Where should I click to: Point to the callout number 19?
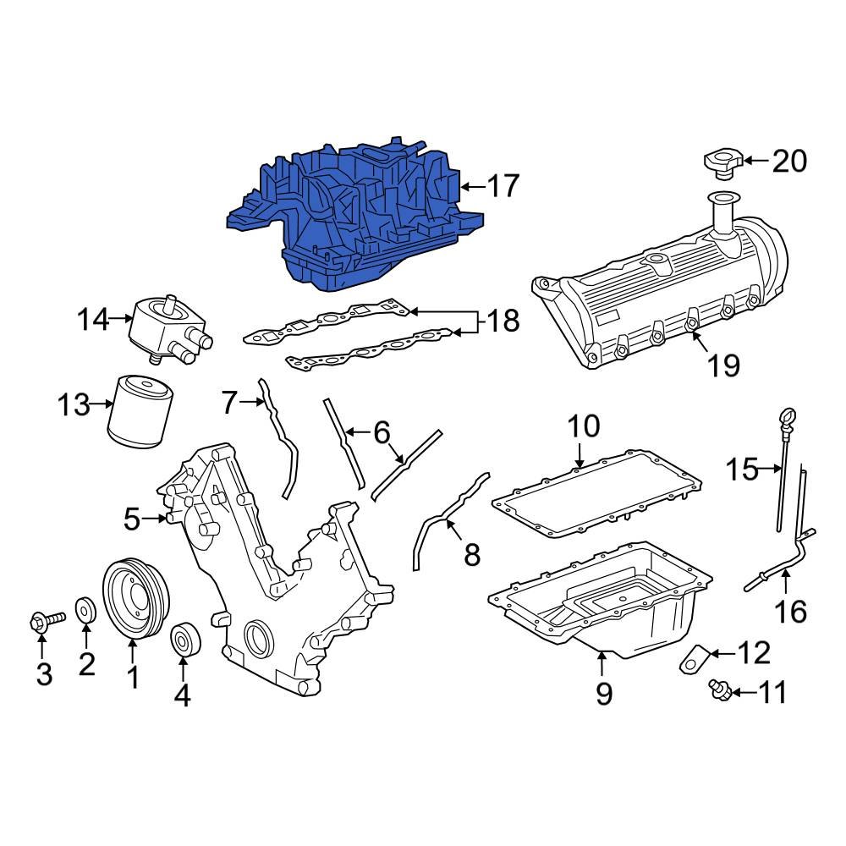tap(723, 365)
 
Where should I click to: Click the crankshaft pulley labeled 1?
tap(136, 600)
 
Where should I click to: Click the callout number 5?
tap(131, 519)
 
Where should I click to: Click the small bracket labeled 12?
tap(695, 657)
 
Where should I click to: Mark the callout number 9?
tap(603, 694)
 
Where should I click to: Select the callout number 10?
tap(583, 426)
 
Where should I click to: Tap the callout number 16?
tap(792, 611)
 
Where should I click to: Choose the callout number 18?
tap(503, 321)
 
